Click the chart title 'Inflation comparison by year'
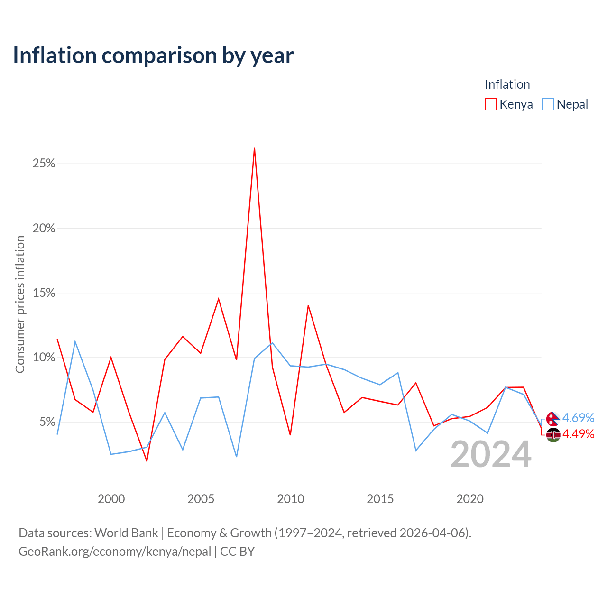point(153,55)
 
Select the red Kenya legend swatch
point(490,104)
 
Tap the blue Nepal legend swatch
point(547,104)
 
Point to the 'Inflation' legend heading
point(507,84)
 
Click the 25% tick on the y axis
point(44,163)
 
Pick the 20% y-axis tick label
point(44,228)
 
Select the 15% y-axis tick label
point(44,293)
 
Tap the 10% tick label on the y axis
point(44,357)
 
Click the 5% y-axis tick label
point(47,422)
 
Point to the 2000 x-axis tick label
point(111,499)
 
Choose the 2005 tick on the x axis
point(201,499)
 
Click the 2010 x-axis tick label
point(290,499)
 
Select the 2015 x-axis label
point(380,499)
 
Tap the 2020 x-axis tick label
point(469,499)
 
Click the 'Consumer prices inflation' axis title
point(20,304)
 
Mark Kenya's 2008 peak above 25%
point(254,148)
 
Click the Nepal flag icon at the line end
point(553,419)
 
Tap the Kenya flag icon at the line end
point(553,435)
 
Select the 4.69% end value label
point(578,418)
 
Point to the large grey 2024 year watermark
point(491,455)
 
